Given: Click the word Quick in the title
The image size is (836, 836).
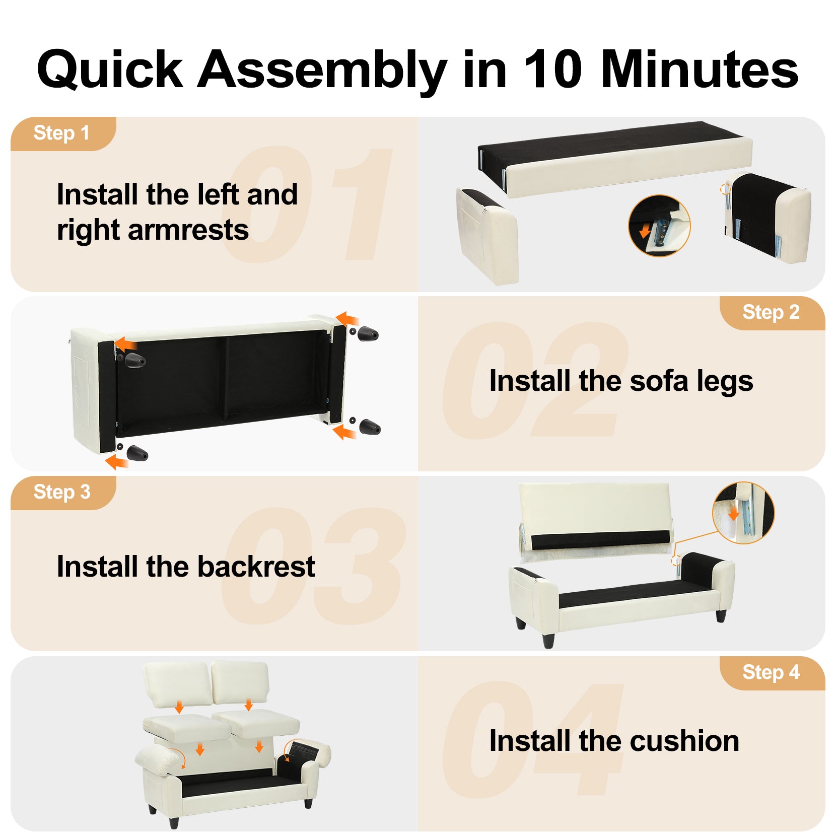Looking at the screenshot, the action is (110, 69).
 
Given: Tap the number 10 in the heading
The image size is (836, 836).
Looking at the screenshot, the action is (552, 69).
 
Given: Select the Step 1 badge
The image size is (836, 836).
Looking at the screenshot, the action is (63, 133).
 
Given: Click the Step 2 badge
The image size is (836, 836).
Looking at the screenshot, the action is (772, 313).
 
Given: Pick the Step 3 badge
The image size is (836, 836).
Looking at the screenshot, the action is (63, 493).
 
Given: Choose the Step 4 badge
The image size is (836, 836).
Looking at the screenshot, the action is (772, 673).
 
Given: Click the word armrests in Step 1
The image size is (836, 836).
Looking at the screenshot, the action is (188, 230).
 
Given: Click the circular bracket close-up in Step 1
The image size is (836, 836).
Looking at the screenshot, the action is (659, 226).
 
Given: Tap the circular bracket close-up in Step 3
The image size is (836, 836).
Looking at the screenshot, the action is (744, 513).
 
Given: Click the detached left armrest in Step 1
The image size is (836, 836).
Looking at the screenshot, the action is (487, 236).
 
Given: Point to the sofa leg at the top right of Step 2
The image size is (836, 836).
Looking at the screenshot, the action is (368, 333).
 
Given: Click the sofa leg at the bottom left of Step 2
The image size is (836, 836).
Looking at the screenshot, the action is (137, 453).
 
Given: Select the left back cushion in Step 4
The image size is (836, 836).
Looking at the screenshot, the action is (177, 685).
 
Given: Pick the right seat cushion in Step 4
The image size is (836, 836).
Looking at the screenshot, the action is (257, 725).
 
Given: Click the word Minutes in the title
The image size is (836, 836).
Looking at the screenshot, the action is (700, 69).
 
